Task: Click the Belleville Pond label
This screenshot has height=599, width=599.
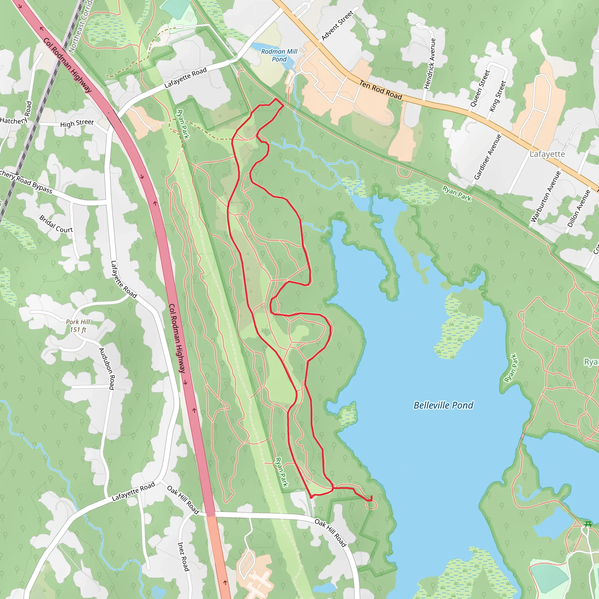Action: (x=443, y=405)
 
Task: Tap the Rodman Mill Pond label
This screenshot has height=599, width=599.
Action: (x=279, y=55)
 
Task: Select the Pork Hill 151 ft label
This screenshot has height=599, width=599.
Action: (x=78, y=326)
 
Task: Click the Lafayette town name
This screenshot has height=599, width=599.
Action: (x=547, y=154)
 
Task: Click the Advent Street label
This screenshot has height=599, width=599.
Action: (x=337, y=25)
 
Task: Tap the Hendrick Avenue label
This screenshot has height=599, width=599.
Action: (x=430, y=64)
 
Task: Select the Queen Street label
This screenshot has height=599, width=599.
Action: (x=480, y=88)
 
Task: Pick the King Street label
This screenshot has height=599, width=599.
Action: (x=498, y=96)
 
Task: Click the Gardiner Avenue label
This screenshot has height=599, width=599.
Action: (x=488, y=156)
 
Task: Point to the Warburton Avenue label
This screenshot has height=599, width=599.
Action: (x=545, y=197)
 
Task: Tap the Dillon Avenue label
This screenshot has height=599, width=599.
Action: (x=579, y=208)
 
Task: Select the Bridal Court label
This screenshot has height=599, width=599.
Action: (x=56, y=224)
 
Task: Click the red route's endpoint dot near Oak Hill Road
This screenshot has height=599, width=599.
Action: (x=311, y=497)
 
